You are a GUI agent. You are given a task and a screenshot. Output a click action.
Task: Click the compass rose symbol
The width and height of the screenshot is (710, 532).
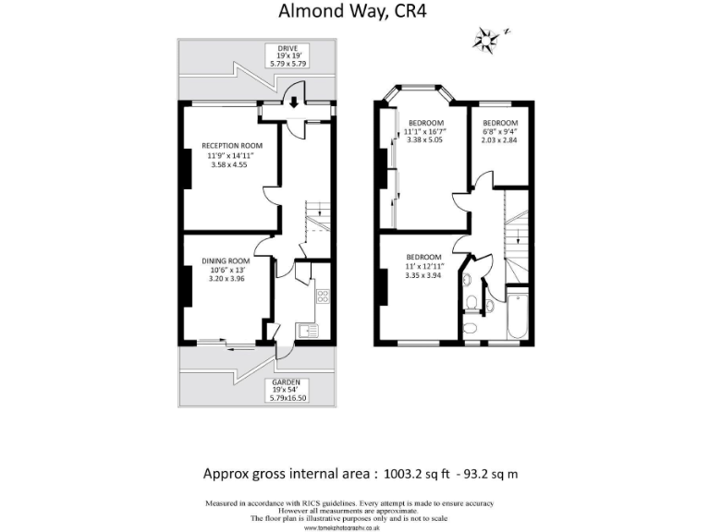point(485,39)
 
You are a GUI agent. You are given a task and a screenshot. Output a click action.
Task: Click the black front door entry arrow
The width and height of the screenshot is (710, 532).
point(295,101)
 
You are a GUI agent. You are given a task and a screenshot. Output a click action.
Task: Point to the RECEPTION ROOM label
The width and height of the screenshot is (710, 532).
point(232,146)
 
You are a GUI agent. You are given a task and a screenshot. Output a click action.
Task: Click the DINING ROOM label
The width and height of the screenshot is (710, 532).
point(226,260)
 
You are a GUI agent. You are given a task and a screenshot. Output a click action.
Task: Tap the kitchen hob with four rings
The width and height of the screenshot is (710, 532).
point(322,296)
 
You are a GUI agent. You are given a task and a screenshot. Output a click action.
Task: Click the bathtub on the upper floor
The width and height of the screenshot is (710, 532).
point(517,316)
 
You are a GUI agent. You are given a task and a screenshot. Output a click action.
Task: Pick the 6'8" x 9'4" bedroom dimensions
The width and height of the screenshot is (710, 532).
point(499,131)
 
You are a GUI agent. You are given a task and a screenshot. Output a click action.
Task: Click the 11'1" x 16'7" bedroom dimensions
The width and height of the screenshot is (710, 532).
point(425,132)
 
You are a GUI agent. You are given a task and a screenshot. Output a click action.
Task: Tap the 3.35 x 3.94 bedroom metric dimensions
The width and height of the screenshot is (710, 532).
point(424,274)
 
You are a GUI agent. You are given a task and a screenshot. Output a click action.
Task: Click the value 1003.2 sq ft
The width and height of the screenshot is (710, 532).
point(414,474)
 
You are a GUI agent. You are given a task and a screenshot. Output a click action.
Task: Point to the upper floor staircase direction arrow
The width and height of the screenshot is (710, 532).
point(518,242)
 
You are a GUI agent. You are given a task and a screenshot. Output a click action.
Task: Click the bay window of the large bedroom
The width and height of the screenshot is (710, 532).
point(424,94)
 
